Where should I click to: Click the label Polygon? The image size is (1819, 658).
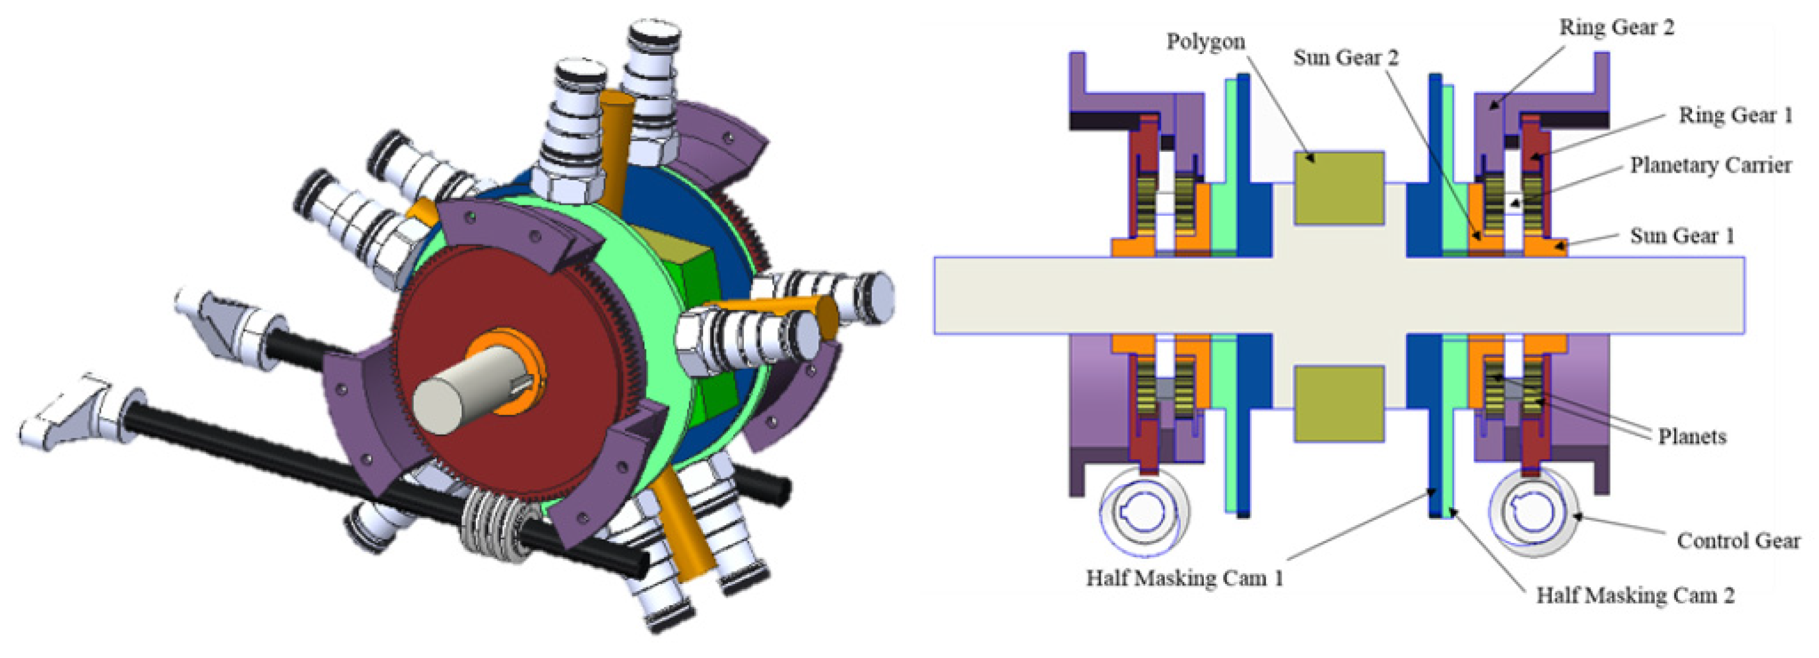pyautogui.click(x=1206, y=42)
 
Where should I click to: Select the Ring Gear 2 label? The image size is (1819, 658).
pyautogui.click(x=1616, y=27)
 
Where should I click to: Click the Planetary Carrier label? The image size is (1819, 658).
pyautogui.click(x=1711, y=165)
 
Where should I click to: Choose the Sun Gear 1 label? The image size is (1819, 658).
pyautogui.click(x=1682, y=235)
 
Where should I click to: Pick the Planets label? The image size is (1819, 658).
pyautogui.click(x=1692, y=436)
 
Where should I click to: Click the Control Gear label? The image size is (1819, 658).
pyautogui.click(x=1738, y=541)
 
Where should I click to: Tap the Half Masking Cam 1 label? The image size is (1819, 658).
pyautogui.click(x=1184, y=578)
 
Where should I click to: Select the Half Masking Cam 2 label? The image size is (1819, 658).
pyautogui.click(x=1636, y=596)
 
